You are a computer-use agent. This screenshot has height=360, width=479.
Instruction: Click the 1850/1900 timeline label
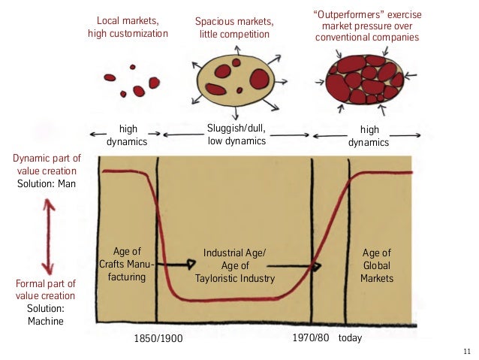click(x=158, y=338)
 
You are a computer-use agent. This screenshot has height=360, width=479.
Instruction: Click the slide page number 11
click(x=467, y=351)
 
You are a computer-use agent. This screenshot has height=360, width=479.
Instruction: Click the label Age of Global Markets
click(x=376, y=265)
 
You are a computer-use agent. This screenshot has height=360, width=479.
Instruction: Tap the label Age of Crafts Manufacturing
click(x=126, y=265)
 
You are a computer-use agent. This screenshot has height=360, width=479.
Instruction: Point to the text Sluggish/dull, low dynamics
click(x=236, y=134)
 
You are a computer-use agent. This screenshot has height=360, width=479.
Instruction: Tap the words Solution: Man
click(x=47, y=184)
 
